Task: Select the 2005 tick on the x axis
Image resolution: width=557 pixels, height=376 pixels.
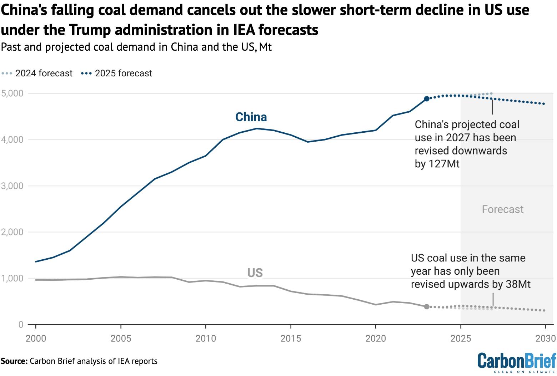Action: tap(121, 338)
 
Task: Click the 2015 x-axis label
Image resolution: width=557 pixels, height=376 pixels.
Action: tap(291, 338)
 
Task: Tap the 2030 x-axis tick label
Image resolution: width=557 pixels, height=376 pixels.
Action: tap(545, 338)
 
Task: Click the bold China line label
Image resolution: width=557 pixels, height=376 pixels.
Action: tap(251, 117)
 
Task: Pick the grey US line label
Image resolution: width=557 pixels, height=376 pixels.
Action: tap(255, 273)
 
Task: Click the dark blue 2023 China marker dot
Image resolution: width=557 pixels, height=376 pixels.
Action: tap(426, 99)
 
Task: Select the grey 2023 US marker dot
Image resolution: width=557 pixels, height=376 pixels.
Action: tap(426, 306)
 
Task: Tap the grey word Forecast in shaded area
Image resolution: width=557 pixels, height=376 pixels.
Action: tap(502, 209)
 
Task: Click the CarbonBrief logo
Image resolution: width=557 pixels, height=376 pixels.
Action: tap(517, 362)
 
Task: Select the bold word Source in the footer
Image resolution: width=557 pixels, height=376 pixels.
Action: tap(14, 361)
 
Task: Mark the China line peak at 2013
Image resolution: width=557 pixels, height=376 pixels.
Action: tap(257, 128)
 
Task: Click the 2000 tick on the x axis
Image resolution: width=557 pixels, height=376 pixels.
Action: tap(36, 338)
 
